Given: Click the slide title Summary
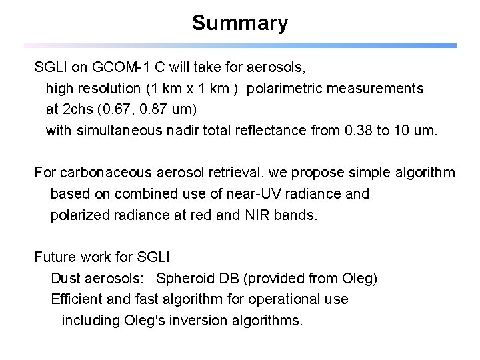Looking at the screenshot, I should coord(240,23).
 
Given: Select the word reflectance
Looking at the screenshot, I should coord(271,131).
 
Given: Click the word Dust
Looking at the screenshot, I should coord(64,279).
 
